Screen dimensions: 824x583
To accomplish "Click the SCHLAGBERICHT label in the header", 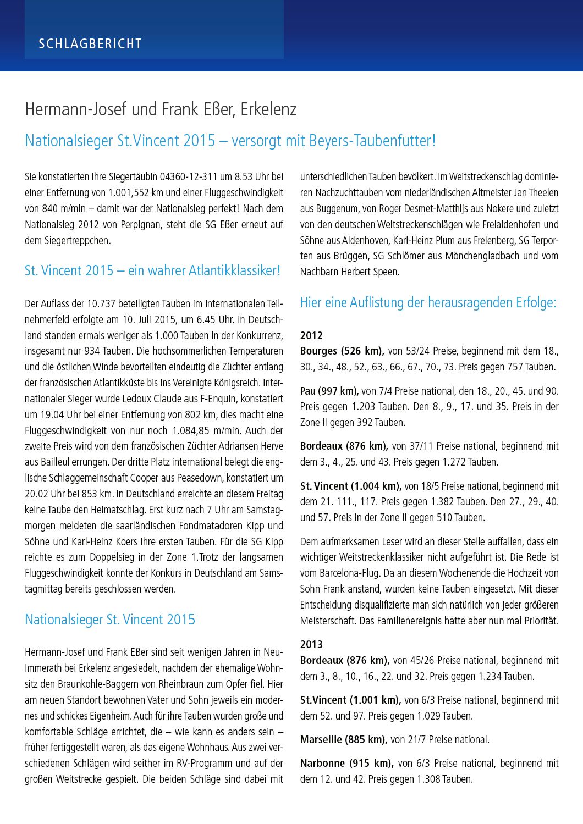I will (90, 44).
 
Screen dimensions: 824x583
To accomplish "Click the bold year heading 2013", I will (311, 644).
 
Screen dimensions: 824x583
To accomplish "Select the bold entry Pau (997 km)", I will (329, 391).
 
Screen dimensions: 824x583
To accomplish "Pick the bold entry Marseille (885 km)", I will (344, 740).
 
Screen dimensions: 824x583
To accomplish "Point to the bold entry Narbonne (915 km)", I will (346, 764).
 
